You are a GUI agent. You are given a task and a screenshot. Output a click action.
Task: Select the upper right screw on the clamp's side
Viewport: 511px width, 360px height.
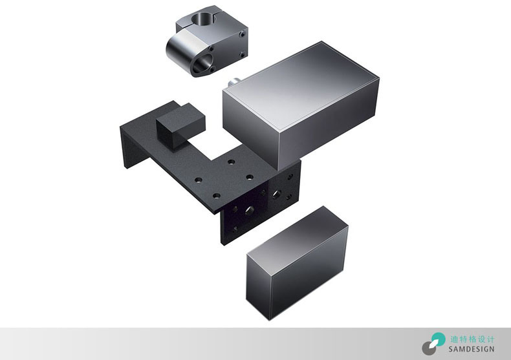point(242,34)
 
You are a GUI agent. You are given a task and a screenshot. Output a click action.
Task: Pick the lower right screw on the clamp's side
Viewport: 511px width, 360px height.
point(242,54)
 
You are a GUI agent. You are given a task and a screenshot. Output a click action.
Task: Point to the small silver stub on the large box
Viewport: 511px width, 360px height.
point(234,82)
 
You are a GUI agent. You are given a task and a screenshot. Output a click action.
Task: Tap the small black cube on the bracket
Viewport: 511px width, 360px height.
point(180,125)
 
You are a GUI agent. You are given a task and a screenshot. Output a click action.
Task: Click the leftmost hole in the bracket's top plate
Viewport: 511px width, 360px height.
point(198,180)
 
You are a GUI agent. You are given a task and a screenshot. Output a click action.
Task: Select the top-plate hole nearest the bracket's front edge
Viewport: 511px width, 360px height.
point(217,196)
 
